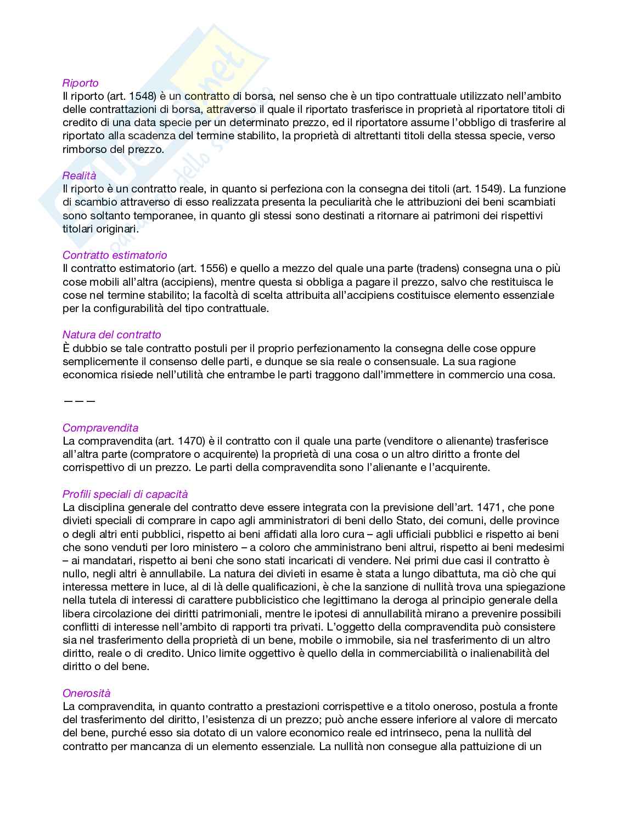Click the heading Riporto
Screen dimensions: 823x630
click(x=80, y=83)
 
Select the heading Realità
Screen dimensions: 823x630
click(x=79, y=175)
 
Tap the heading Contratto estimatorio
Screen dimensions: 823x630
click(x=115, y=255)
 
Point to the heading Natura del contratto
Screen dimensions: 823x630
click(x=111, y=334)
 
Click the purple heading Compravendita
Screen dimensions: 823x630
click(x=100, y=428)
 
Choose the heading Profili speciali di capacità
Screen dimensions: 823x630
click(x=125, y=494)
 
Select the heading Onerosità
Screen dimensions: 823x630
click(x=86, y=693)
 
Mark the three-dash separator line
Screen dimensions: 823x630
click(x=80, y=401)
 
